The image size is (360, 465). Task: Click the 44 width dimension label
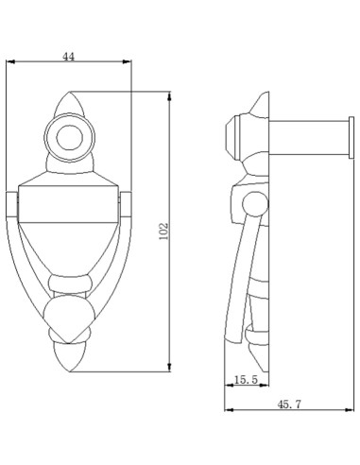[69, 57]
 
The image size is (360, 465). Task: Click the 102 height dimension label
[163, 232]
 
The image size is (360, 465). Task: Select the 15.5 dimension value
[247, 380]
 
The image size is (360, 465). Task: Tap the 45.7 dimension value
[289, 405]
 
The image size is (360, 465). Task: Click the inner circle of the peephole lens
[70, 138]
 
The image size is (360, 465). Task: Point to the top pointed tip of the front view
[69, 92]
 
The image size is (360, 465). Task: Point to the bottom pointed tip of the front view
[69, 371]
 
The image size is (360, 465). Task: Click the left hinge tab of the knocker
[12, 204]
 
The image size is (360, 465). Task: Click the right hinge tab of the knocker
[126, 204]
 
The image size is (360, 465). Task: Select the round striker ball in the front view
[70, 319]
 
